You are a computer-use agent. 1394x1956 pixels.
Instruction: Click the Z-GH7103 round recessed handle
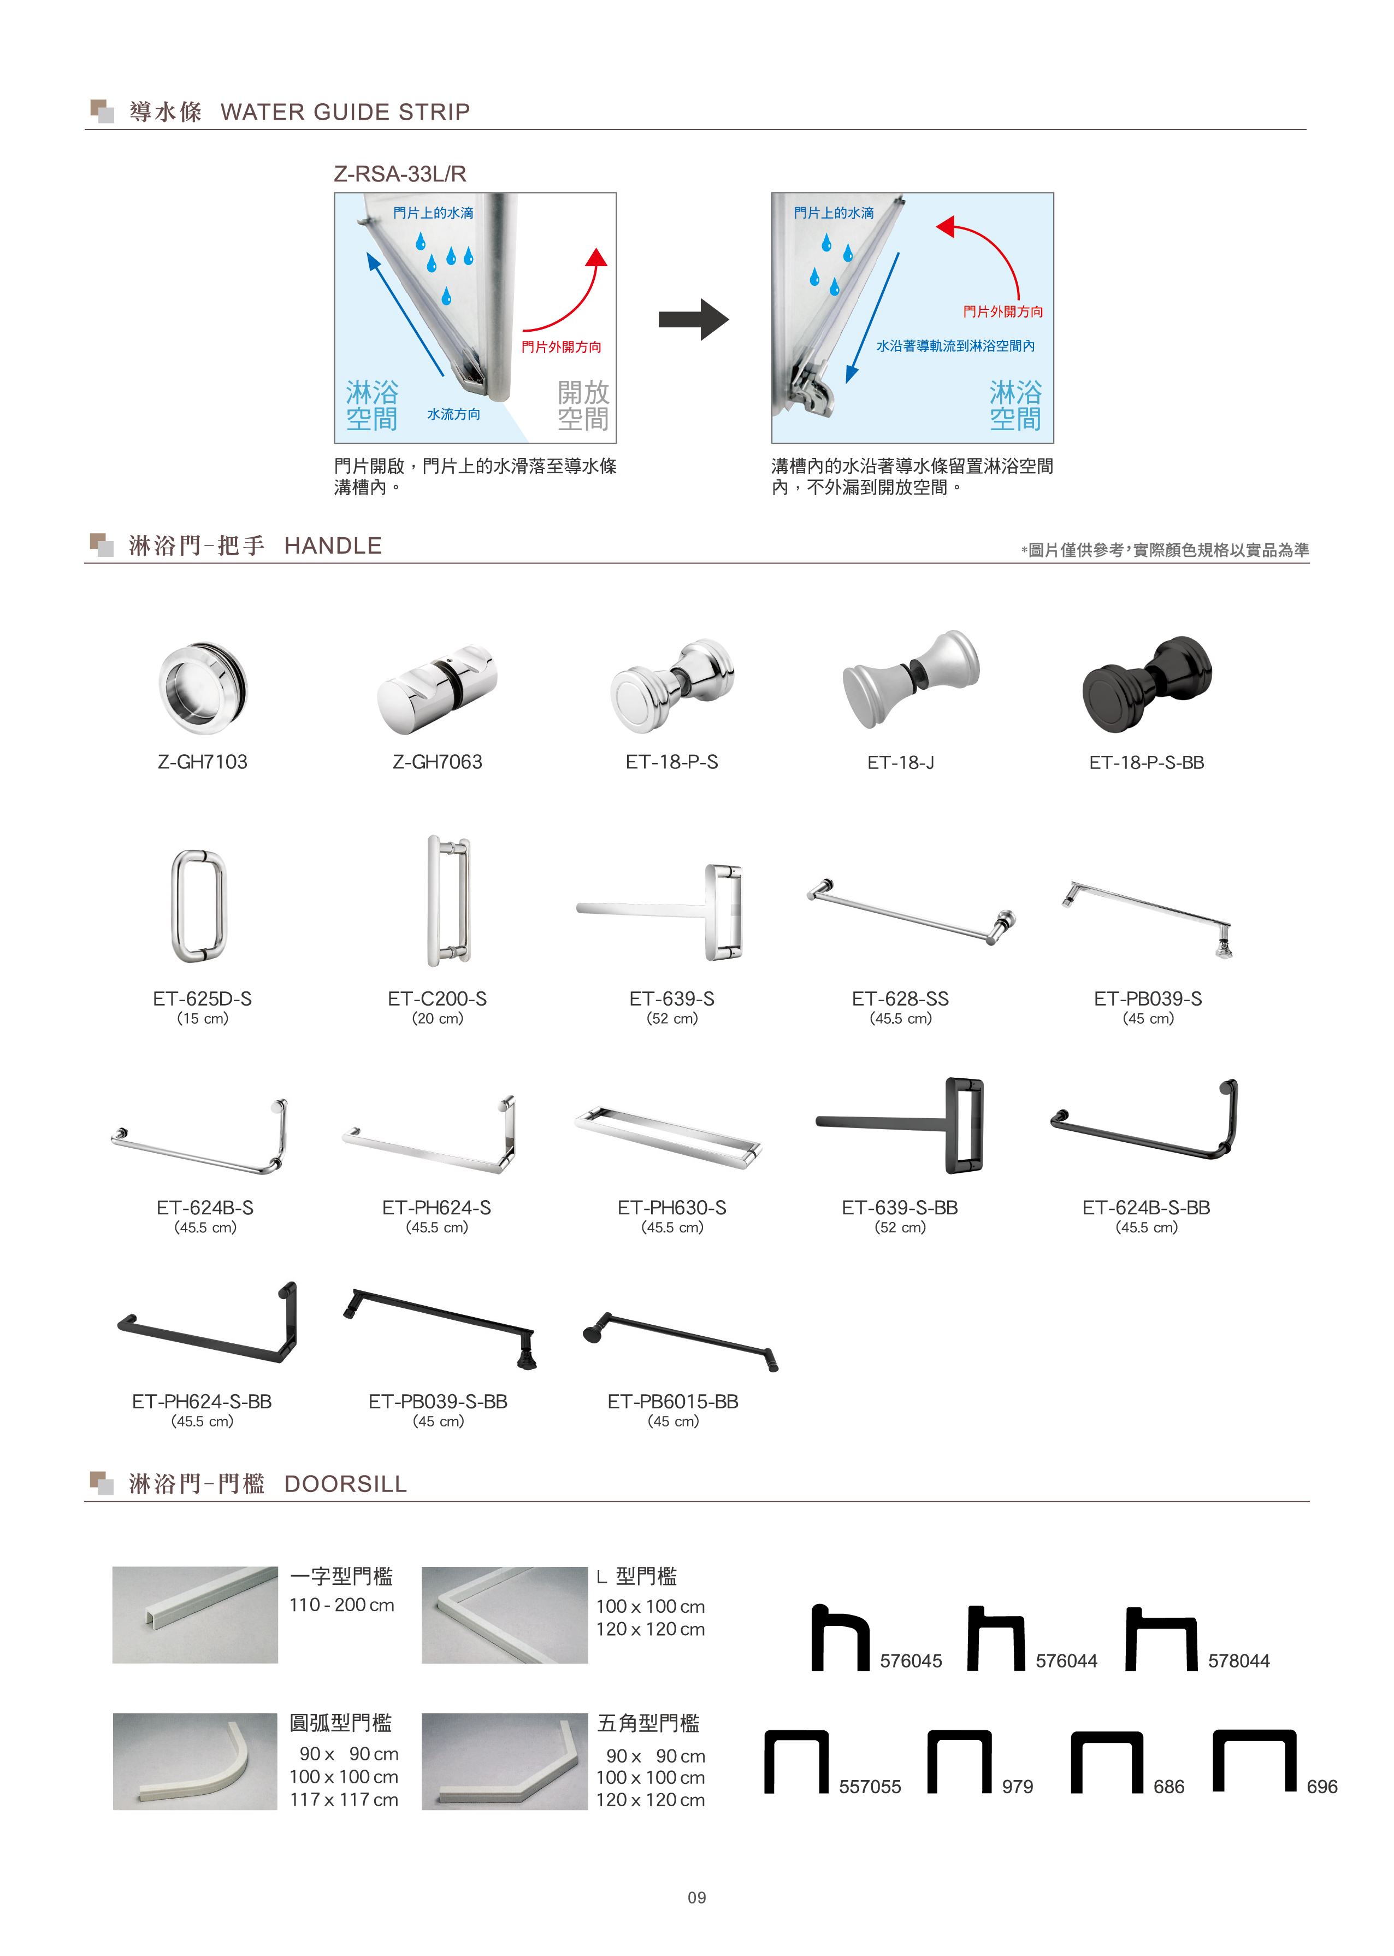(x=203, y=688)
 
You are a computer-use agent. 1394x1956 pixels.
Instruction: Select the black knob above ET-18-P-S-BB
(x=1146, y=684)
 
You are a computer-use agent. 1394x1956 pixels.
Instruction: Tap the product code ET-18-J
(x=900, y=762)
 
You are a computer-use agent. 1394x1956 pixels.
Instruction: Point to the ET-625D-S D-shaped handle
(x=199, y=906)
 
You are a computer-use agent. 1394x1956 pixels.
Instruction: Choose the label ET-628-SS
(x=900, y=998)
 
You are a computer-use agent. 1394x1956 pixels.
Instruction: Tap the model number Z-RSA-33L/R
(x=400, y=174)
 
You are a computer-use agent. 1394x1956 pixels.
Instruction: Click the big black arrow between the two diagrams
(x=694, y=319)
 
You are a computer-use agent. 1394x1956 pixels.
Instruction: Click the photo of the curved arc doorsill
(x=195, y=1762)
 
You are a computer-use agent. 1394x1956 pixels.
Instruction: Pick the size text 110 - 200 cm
(x=341, y=1605)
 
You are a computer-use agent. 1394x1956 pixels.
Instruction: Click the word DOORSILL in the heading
(x=345, y=1484)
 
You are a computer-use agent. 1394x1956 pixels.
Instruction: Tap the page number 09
(x=696, y=1898)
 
